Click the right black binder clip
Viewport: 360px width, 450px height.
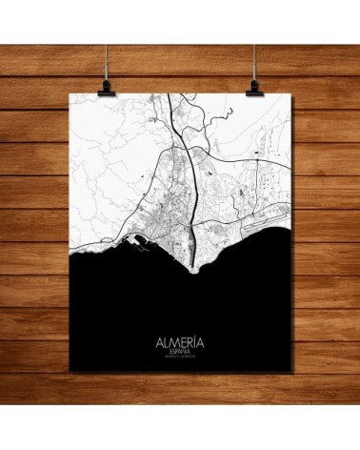click(x=255, y=87)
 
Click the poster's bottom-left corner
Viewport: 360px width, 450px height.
click(x=73, y=377)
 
